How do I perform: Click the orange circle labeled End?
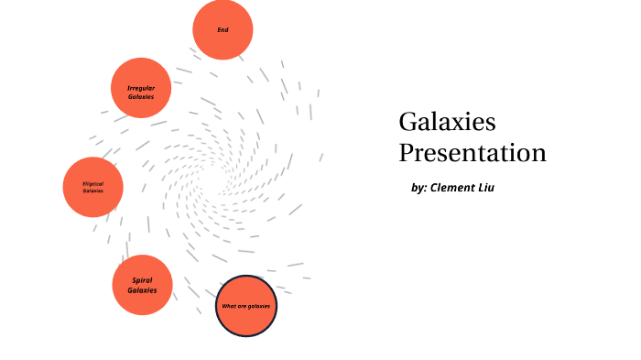(x=223, y=29)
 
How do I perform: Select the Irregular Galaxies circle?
(x=141, y=88)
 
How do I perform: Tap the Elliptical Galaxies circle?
(x=92, y=187)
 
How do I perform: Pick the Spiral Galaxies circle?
(x=142, y=285)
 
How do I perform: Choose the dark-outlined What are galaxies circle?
(x=246, y=306)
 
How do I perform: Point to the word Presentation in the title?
(x=473, y=152)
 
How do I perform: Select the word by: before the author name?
(x=419, y=188)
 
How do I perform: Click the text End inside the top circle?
(x=223, y=29)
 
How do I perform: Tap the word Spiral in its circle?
(x=141, y=279)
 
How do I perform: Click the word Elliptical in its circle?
(x=93, y=183)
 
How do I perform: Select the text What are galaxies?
(x=246, y=306)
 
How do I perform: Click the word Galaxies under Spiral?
(x=142, y=290)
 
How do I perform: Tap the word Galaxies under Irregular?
(x=141, y=96)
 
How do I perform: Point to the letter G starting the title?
(x=407, y=122)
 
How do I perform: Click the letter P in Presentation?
(x=406, y=152)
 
